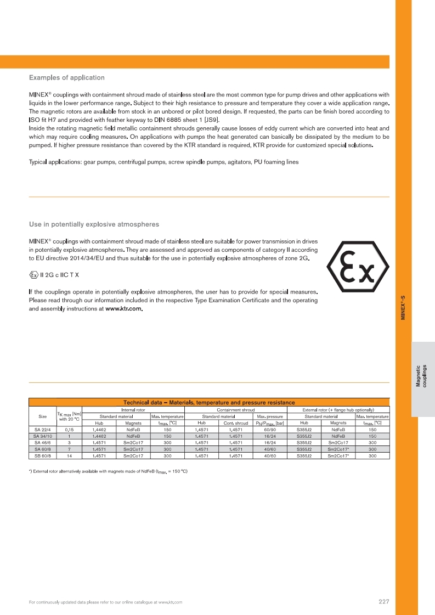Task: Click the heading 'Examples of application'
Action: (66, 77)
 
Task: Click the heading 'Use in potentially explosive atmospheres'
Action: (94, 224)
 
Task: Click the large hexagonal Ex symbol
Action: (358, 268)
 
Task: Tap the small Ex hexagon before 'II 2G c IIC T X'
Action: (33, 274)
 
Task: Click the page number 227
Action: (384, 602)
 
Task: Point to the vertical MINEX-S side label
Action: (403, 308)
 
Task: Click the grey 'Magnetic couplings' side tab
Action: (422, 376)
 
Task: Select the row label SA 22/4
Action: (42, 430)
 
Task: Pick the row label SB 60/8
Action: (42, 455)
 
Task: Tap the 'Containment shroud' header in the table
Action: (236, 410)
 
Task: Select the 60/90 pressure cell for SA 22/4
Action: (269, 430)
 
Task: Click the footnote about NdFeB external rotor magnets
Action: (108, 472)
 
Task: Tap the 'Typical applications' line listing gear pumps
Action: (163, 162)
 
